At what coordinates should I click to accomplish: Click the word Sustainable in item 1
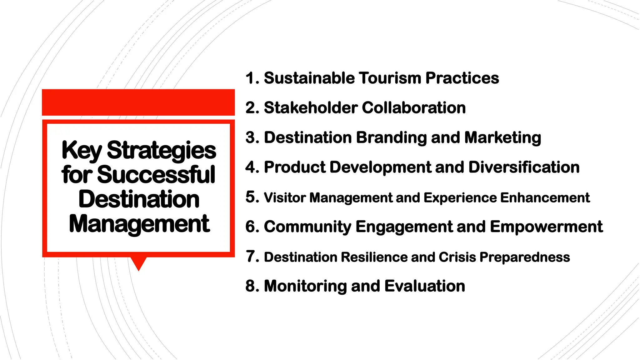(x=309, y=78)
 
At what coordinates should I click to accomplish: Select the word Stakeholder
(x=311, y=108)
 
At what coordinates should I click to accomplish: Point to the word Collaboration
(x=414, y=108)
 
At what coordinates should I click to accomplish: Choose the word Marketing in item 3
(x=502, y=138)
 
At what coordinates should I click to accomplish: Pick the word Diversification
(x=524, y=167)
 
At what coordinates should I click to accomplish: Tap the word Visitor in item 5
(x=285, y=198)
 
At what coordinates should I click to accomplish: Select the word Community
(x=307, y=227)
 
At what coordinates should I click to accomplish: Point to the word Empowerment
(x=546, y=227)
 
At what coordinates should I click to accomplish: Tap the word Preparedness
(x=525, y=257)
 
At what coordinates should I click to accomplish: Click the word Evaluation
(x=425, y=286)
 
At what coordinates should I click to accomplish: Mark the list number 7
(x=251, y=257)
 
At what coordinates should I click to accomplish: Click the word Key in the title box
(x=82, y=151)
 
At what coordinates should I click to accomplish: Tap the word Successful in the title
(x=156, y=175)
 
